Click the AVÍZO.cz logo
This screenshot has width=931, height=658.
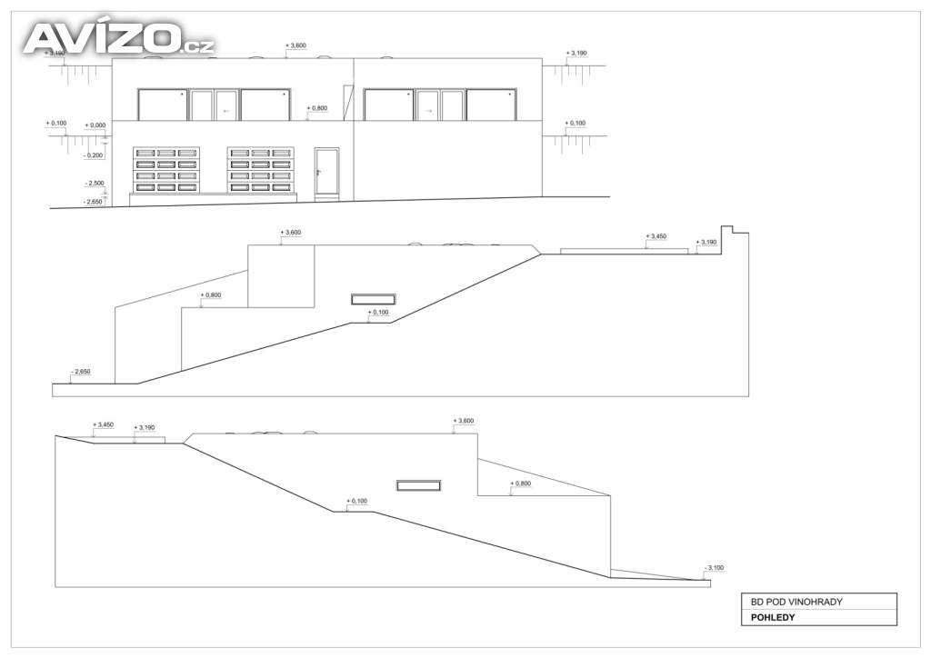click(119, 38)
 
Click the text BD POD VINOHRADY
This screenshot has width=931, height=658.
click(796, 602)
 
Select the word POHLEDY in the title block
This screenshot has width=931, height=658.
click(773, 617)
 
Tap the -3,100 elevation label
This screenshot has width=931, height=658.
click(714, 568)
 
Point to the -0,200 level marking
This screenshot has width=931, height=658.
click(94, 155)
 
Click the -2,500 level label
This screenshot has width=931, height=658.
click(95, 184)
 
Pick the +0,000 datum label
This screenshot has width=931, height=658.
click(95, 125)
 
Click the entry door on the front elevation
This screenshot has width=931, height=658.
click(326, 172)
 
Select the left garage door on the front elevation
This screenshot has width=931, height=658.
click(166, 170)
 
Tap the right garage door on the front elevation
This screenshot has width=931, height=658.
click(261, 170)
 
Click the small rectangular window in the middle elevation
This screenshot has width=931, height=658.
click(374, 300)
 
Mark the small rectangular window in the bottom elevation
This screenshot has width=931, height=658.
click(418, 486)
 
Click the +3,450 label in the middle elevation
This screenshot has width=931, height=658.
click(656, 236)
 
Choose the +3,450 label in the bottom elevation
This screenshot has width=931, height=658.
click(104, 424)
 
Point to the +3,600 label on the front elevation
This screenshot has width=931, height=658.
click(295, 45)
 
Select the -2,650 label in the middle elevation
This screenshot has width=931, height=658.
click(80, 372)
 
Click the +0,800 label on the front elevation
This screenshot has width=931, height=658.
click(317, 108)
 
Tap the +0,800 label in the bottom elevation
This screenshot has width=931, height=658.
click(521, 484)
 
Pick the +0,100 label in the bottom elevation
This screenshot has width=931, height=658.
click(356, 501)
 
